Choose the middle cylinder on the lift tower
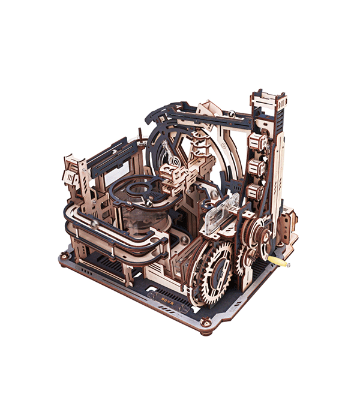pos(256,168)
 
